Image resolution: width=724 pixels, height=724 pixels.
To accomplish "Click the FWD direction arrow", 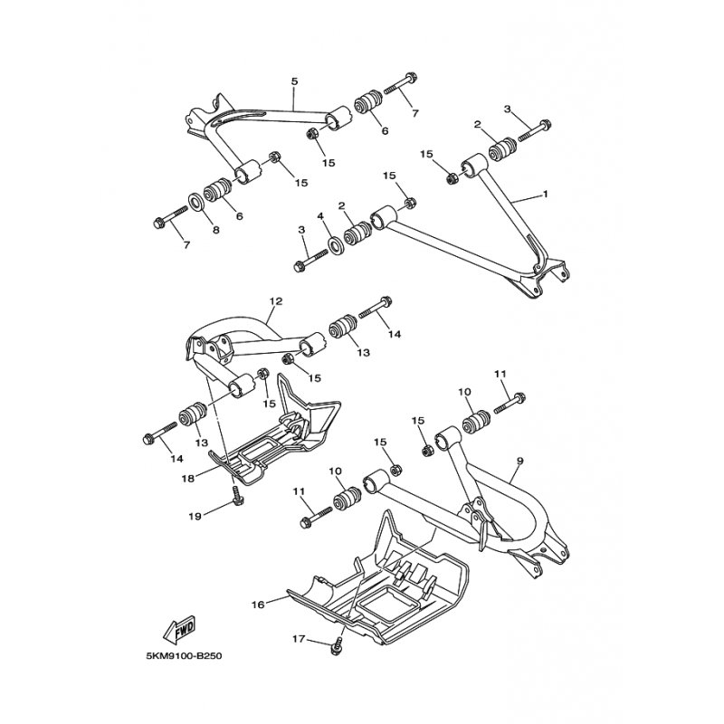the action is click(x=180, y=630).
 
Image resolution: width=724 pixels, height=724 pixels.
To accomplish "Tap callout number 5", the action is click(x=295, y=81).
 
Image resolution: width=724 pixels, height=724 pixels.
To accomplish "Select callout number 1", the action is click(x=545, y=195).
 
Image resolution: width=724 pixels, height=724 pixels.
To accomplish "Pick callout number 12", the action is click(x=276, y=301).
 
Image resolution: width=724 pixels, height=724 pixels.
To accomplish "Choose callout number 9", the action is click(x=519, y=461).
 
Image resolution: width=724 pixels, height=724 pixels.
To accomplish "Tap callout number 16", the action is click(x=258, y=605).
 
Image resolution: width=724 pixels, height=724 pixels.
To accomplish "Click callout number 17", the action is click(x=299, y=640).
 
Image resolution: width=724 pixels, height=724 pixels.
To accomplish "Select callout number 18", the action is click(x=188, y=479).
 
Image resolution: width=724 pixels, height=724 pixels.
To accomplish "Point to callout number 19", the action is click(x=195, y=516).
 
